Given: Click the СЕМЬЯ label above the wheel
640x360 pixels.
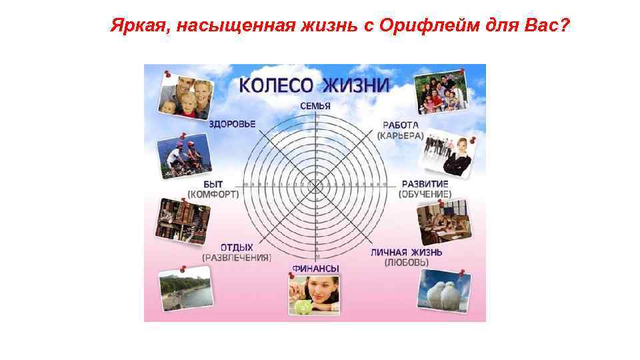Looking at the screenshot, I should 315,106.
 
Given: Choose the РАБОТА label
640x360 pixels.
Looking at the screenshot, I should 401,125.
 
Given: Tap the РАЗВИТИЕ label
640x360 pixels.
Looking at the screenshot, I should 425,184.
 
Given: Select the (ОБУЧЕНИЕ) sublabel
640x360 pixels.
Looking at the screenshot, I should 425,194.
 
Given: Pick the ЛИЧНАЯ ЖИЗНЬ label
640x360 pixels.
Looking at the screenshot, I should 406,253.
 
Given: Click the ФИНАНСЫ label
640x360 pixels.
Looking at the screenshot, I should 315,269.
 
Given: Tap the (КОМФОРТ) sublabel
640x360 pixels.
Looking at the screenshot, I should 213,194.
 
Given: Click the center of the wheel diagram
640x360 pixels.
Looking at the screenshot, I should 316,184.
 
